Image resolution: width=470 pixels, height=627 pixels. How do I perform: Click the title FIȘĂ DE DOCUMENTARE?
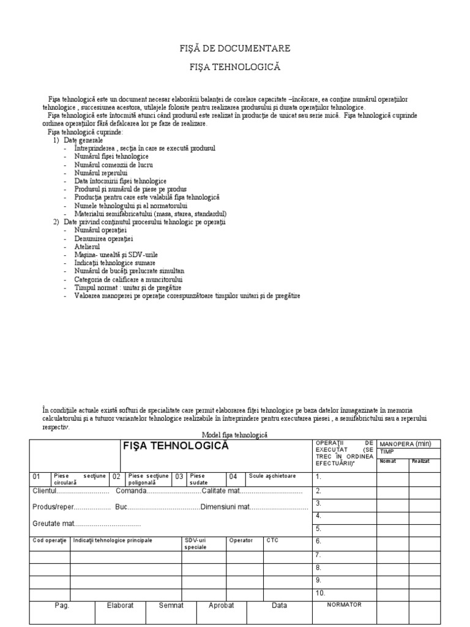pos(235,48)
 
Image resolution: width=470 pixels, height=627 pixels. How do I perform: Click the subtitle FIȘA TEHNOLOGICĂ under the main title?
pos(235,66)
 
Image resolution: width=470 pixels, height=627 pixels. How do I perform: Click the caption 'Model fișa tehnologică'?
pos(235,434)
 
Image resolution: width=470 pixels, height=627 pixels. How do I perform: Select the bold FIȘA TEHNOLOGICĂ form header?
pos(176,446)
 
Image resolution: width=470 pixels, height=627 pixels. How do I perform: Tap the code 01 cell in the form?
pos(37,476)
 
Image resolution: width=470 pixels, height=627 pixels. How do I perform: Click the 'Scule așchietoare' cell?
pos(272,476)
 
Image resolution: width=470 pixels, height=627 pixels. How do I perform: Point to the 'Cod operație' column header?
pos(49,541)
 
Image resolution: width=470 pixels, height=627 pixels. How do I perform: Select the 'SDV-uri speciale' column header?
pos(196,544)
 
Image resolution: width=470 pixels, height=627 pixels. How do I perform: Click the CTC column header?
pos(272,541)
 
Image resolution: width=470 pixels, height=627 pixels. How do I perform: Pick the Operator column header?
pos(241,541)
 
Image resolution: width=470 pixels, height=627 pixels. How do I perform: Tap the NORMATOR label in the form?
pos(345,604)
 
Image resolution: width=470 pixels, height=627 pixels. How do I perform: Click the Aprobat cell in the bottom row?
pos(222,605)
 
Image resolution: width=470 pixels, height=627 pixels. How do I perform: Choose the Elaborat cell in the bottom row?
pos(120,605)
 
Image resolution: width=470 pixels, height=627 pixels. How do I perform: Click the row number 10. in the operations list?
pos(321,593)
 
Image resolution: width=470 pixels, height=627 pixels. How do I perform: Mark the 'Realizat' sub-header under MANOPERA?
pos(420,461)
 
